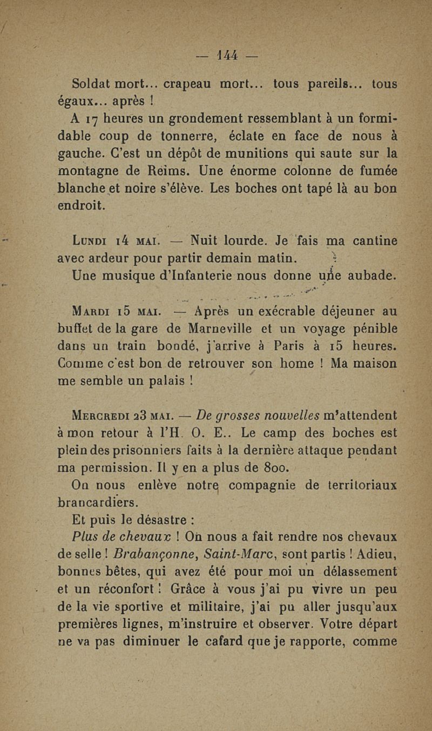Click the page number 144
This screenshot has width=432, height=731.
point(223,56)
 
